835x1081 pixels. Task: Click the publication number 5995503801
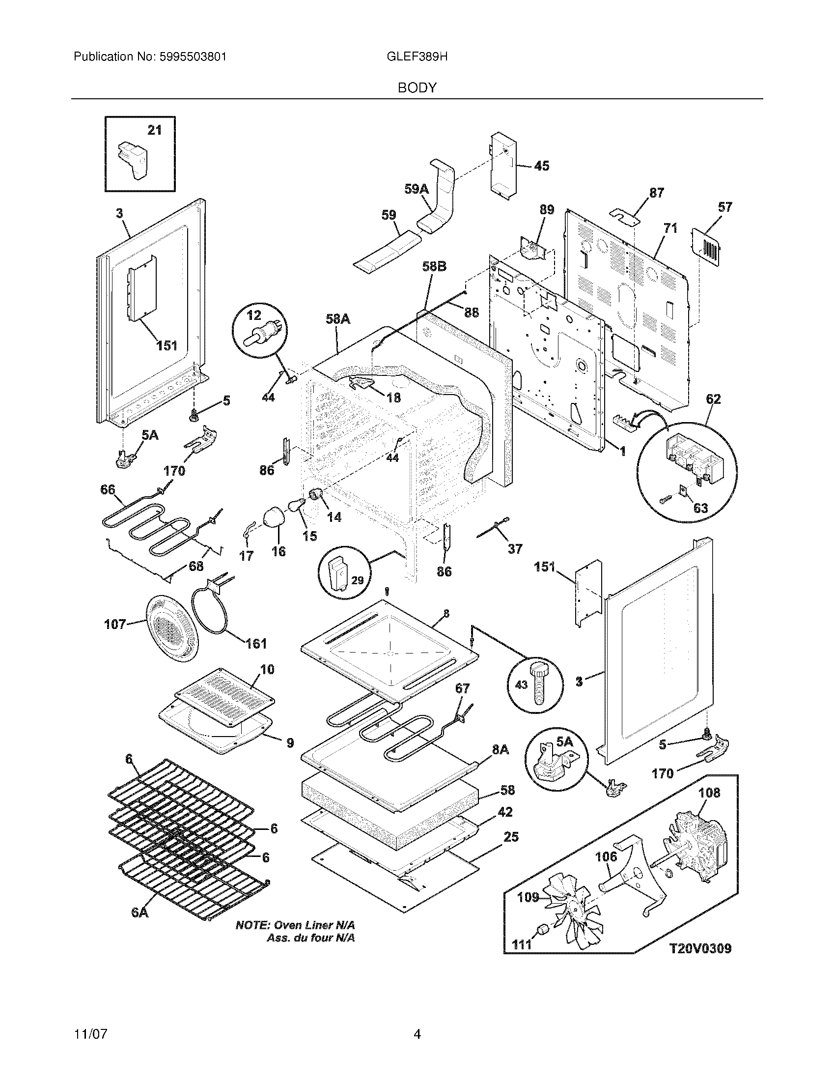193,57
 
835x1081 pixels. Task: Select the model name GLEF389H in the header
417,57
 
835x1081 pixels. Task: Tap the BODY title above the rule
417,88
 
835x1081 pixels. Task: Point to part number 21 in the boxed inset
155,130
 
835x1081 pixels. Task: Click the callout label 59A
416,189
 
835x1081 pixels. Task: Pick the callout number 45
542,166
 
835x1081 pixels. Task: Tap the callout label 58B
434,267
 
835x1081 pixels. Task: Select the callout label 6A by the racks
140,926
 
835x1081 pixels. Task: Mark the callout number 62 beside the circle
713,399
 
